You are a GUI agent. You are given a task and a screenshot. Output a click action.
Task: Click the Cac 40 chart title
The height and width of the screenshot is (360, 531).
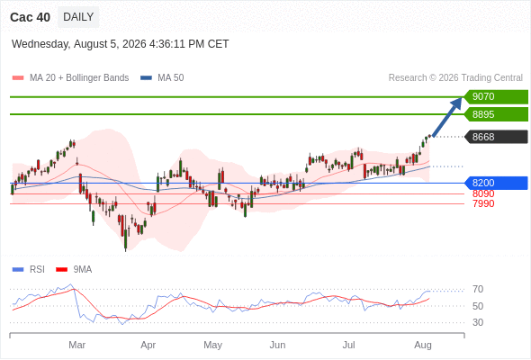click(30, 17)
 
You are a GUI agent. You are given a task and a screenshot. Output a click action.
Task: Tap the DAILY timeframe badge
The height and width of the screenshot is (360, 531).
click(78, 17)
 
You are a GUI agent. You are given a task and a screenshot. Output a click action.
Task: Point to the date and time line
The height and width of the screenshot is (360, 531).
click(121, 44)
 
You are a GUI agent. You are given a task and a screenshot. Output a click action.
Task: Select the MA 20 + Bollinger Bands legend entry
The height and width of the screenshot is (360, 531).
click(70, 78)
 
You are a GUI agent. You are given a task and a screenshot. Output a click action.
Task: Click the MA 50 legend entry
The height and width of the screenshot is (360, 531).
click(162, 78)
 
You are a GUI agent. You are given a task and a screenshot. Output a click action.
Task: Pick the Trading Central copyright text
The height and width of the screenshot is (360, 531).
click(455, 78)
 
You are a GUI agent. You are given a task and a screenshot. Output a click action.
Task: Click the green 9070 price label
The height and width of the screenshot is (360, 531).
click(496, 97)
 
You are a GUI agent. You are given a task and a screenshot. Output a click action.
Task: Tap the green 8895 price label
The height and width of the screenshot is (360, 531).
click(496, 114)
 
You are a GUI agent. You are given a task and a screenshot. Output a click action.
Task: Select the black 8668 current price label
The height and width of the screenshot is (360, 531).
click(496, 137)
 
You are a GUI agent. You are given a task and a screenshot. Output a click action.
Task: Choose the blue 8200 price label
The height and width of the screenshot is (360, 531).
click(496, 183)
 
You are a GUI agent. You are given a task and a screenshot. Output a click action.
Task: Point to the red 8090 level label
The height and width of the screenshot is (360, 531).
click(483, 193)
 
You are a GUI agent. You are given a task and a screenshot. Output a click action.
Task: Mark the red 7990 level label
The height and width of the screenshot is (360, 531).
click(483, 203)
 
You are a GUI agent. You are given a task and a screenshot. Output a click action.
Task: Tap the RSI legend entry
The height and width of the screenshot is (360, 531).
click(29, 270)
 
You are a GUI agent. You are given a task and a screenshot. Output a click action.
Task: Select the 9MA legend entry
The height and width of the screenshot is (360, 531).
click(74, 270)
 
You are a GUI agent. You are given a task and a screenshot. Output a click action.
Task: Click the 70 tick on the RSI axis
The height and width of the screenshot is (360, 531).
click(478, 289)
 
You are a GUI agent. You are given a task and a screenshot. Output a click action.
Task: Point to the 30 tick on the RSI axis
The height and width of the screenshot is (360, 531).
click(478, 322)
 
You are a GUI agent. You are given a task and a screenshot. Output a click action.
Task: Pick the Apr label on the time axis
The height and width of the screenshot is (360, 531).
click(148, 345)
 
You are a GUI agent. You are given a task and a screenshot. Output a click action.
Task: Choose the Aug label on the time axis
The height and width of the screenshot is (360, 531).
click(423, 345)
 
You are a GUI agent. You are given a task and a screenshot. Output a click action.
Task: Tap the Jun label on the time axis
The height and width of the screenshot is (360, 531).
click(277, 345)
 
